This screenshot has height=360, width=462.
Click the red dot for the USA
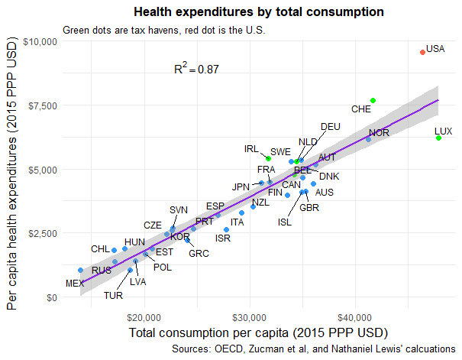coord(422,52)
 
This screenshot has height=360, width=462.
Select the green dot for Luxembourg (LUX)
coord(438,138)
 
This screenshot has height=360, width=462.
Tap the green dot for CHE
coord(373,100)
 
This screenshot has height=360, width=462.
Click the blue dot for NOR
coord(368,139)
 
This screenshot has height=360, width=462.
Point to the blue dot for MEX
coord(80,270)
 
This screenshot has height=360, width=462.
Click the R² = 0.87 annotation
coord(196,69)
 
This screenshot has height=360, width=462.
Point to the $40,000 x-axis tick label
coord(354,316)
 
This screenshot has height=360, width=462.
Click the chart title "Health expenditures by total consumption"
coord(258,12)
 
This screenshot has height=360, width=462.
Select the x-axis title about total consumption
coord(259,333)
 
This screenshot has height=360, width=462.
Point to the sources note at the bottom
coord(314,349)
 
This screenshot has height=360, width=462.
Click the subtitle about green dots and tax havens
coord(163,31)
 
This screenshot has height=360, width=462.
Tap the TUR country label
coord(114,295)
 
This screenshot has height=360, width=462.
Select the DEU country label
coord(331,127)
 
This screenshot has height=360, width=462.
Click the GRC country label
coord(199,253)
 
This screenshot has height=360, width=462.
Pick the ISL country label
coord(285,222)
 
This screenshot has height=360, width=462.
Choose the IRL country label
coord(252,149)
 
